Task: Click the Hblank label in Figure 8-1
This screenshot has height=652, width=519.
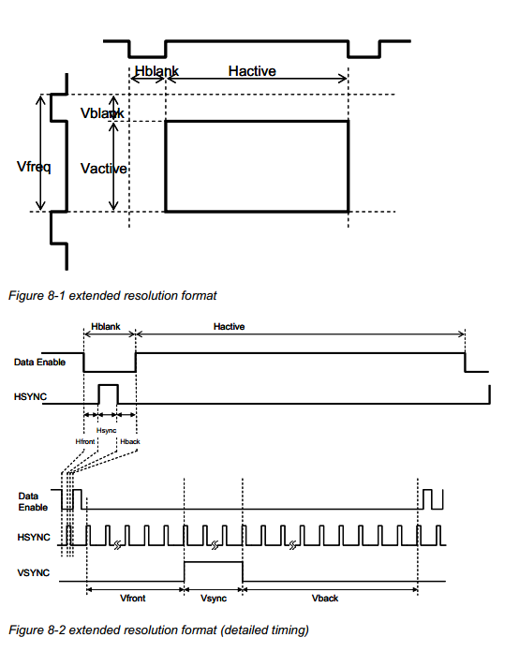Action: pos(156,71)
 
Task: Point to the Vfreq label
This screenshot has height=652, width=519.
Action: pos(34,167)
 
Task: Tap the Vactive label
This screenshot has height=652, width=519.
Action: pos(104,168)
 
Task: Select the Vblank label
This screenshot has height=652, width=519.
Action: pos(102,113)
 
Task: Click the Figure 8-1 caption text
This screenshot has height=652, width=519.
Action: pos(112,296)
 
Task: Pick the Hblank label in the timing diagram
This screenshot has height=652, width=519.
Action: pos(109,328)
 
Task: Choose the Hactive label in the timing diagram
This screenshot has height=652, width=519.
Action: pos(229,327)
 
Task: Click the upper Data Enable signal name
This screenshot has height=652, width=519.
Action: pos(38,362)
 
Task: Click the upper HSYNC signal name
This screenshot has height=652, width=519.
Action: pos(30,397)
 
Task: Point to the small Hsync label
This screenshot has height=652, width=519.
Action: pos(107,430)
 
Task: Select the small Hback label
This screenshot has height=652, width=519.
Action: pos(129,440)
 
